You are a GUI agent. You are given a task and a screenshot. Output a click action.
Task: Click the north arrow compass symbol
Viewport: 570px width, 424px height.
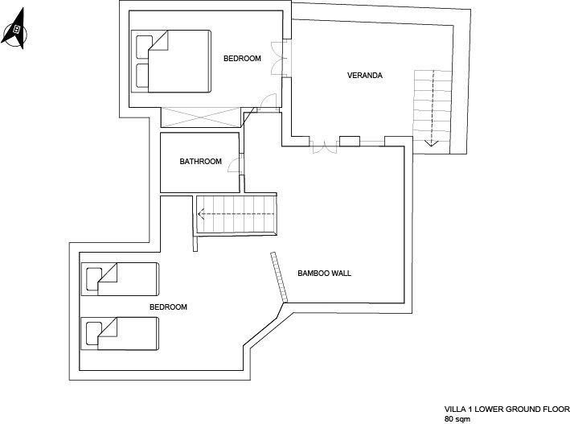click(15, 29)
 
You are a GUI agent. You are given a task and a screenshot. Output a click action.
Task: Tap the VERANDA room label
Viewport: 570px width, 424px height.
click(365, 76)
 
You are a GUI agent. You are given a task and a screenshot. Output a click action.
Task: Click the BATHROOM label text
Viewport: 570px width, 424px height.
click(201, 161)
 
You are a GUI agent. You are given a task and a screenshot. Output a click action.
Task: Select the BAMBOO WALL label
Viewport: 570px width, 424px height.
click(324, 273)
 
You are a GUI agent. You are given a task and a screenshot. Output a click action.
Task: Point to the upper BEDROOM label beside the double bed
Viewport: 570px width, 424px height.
click(242, 58)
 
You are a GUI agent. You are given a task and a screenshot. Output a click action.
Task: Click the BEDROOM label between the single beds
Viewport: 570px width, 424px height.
click(168, 307)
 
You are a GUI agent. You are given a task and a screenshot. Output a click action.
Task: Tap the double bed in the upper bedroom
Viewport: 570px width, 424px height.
click(171, 61)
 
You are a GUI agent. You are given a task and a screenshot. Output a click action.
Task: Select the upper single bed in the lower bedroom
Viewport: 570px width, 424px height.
click(121, 279)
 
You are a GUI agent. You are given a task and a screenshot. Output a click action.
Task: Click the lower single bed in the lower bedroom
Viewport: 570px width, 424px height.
click(120, 333)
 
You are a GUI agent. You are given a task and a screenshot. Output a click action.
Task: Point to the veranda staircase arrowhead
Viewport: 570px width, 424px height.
click(432, 143)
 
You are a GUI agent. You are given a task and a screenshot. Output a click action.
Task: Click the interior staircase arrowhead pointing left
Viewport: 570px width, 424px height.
click(201, 214)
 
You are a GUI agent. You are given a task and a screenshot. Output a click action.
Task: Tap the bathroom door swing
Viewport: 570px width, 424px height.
click(235, 163)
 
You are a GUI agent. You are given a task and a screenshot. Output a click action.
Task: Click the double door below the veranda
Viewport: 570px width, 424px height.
click(325, 146)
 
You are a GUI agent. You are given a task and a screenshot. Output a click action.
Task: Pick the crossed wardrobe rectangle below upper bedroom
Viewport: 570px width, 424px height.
click(201, 117)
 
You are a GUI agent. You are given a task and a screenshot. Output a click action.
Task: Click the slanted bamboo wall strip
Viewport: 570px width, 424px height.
click(279, 278)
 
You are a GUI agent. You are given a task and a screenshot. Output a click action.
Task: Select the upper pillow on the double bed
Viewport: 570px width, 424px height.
click(144, 47)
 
